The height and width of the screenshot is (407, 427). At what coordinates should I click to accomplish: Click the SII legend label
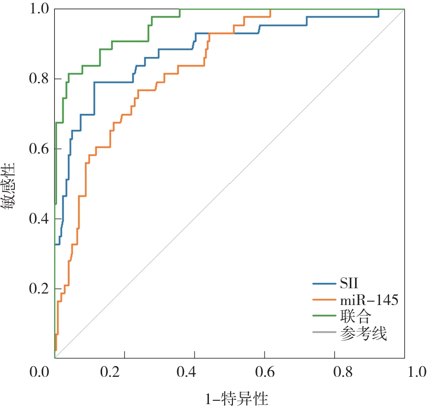coord(349,283)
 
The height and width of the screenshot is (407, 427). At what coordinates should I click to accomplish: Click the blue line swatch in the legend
coord(323,283)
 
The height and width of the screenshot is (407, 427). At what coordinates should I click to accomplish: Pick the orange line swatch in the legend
coord(323,300)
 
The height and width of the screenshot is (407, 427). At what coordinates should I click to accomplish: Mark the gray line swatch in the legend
coord(323,333)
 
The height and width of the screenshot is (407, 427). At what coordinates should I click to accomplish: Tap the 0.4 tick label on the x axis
coord(195,372)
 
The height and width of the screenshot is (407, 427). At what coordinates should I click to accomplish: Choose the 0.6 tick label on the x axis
coord(265,372)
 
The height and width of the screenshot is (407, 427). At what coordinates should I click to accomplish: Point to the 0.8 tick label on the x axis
coord(335,372)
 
